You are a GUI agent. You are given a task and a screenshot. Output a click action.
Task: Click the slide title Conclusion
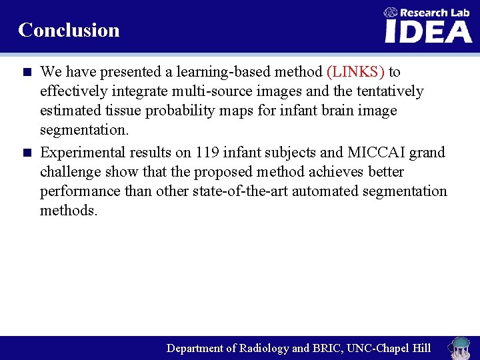click(x=69, y=30)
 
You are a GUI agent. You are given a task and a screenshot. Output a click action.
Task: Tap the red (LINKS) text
click(x=355, y=71)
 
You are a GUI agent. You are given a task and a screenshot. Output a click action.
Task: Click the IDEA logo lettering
click(x=428, y=31)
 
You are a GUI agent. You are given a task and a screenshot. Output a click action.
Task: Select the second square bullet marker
click(x=27, y=153)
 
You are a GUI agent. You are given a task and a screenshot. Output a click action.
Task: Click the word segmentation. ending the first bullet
click(x=84, y=129)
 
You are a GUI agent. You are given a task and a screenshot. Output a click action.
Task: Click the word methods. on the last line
click(x=69, y=211)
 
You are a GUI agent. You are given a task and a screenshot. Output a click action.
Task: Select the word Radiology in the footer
click(x=264, y=348)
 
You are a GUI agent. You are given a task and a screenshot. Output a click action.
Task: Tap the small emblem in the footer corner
click(x=459, y=347)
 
